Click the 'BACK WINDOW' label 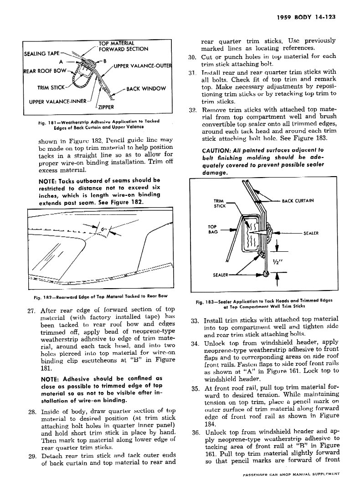(x=146, y=88)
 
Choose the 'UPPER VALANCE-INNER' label (x=57, y=101)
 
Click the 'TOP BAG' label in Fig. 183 (x=212, y=229)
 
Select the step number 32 (x=192, y=110)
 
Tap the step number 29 (x=32, y=456)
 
